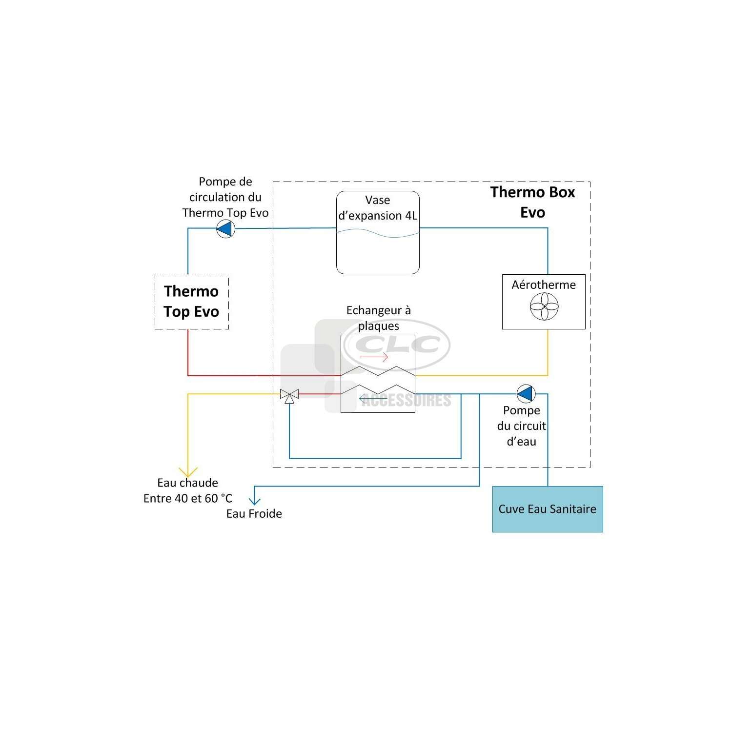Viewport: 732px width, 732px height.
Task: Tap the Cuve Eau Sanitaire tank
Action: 548,509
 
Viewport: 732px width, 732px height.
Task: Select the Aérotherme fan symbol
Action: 544,307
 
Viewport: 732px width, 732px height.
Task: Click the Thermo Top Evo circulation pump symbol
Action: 226,228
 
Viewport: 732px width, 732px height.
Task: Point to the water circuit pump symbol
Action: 526,393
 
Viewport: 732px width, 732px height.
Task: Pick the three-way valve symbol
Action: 289,396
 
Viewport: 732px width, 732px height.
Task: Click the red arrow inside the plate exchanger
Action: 373,357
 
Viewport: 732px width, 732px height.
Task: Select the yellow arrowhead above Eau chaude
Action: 188,472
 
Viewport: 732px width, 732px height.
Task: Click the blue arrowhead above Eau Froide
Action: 254,501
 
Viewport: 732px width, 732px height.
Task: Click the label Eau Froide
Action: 254,514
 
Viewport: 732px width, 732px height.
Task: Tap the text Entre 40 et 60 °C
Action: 188,498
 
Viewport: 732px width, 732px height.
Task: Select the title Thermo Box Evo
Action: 532,202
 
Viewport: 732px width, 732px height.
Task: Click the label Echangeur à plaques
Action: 379,318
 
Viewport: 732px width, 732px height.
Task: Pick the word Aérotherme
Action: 544,285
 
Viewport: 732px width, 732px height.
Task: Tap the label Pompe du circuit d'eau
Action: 522,426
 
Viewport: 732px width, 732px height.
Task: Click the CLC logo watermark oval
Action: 344,344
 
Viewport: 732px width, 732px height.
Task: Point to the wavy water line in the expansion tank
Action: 378,234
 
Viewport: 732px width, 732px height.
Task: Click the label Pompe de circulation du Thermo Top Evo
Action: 225,197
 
